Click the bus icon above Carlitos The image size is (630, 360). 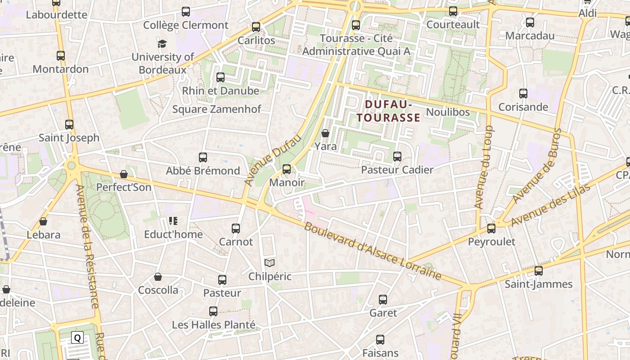coord(256,27)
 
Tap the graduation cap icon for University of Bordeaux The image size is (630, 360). coord(162,44)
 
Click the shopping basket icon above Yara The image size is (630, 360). coord(325,133)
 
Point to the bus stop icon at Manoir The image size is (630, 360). coord(287,170)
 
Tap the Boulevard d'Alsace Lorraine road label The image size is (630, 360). coord(372,251)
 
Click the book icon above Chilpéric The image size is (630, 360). coord(270,263)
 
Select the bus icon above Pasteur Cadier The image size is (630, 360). coord(397,157)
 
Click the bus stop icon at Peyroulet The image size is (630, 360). coord(491,229)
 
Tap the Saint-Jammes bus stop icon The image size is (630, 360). coord(539,271)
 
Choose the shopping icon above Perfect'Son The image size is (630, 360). coord(124,174)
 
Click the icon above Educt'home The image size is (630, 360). coord(173,221)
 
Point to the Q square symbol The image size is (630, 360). coord(77,338)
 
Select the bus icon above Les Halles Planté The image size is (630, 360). coord(213,311)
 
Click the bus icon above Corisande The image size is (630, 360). coord(523,94)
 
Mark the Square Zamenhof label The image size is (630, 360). coord(216,109)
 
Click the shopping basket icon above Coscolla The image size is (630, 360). coord(158,277)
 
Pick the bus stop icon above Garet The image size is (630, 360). coord(383,300)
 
